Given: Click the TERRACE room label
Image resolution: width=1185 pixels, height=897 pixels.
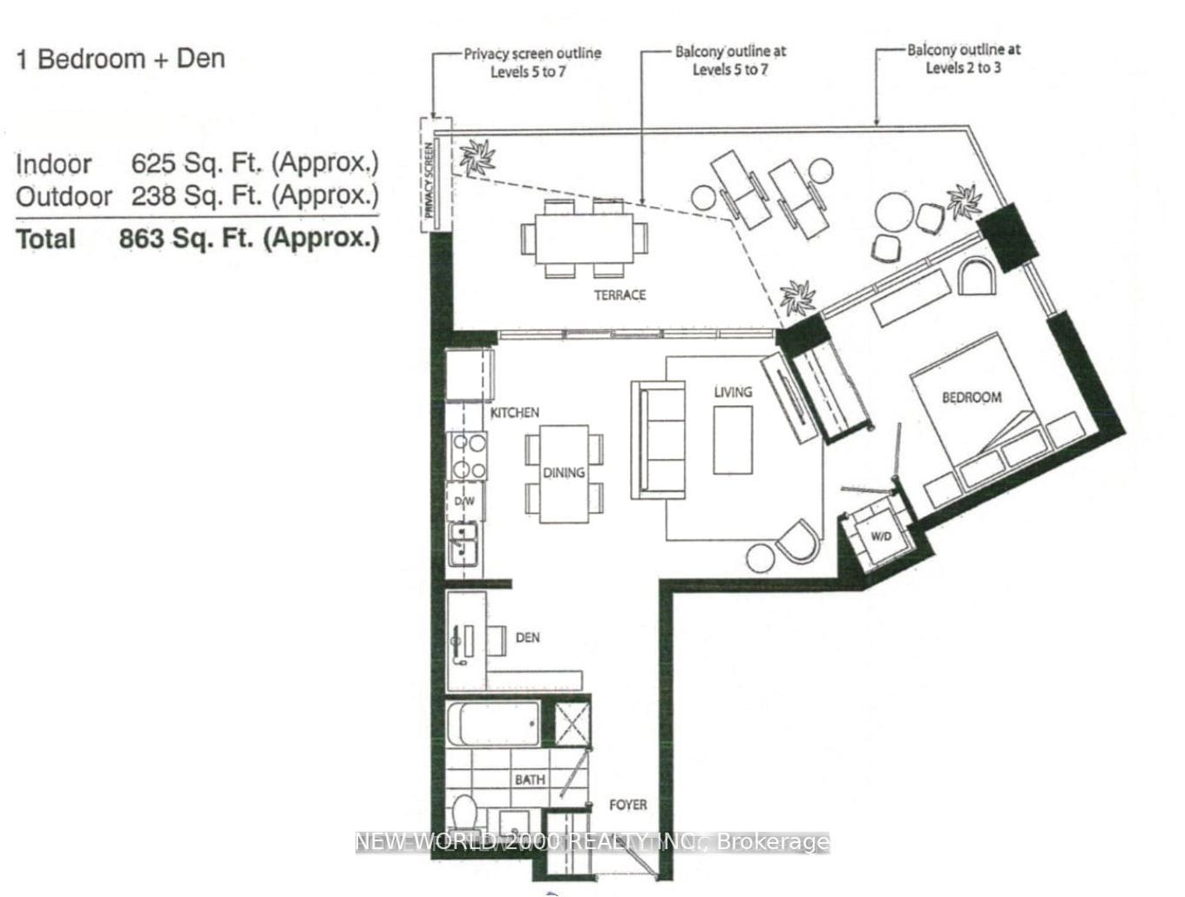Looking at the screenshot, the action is point(620,294).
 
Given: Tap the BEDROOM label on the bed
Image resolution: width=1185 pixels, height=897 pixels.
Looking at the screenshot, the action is point(972,397).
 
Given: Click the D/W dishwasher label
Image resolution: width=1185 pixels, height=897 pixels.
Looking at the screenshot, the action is point(464,501).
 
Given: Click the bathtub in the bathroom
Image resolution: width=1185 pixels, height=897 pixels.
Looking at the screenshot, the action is point(493,724).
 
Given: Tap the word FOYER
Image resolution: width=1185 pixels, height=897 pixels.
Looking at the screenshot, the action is point(627,805).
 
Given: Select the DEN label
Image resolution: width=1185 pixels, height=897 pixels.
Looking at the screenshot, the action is point(527,637).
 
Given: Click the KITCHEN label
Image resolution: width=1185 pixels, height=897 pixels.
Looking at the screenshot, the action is point(514,413).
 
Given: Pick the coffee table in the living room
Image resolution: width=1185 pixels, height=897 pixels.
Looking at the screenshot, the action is point(733,440).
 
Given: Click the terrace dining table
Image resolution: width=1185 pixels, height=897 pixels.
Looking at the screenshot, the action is point(584,239).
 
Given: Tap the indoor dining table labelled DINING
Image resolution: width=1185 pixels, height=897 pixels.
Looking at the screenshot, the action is point(564,474).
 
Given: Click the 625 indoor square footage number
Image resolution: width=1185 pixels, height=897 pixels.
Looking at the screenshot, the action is point(153,163).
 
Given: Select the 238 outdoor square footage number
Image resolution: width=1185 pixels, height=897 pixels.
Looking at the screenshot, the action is point(153,195).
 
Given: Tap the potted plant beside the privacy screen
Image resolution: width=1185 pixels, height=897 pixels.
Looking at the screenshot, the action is point(477,157).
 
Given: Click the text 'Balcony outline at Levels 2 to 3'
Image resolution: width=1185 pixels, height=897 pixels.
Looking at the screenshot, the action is point(964,59).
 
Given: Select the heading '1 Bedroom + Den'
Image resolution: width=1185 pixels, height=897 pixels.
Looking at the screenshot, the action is point(120,59).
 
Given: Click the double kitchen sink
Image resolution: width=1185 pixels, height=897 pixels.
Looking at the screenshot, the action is point(463,545).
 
